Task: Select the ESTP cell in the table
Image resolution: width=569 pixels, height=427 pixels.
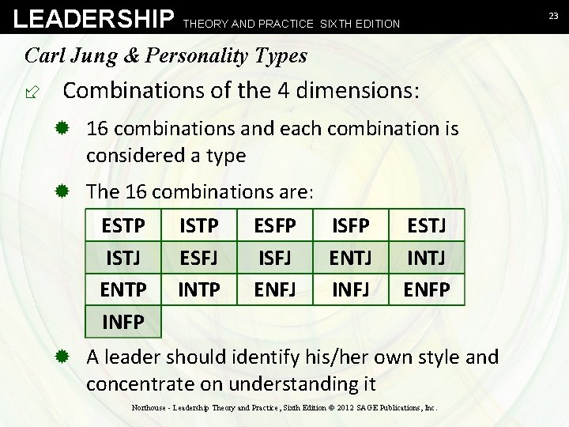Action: click(x=123, y=227)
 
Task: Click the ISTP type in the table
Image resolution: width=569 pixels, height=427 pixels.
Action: click(x=199, y=227)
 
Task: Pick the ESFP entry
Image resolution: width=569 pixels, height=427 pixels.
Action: click(x=275, y=227)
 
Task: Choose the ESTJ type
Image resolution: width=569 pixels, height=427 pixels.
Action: click(x=428, y=227)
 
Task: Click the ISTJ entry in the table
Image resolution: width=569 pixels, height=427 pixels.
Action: click(x=123, y=258)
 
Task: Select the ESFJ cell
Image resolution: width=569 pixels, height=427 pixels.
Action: click(x=199, y=258)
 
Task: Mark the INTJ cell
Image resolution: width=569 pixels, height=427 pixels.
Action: click(x=428, y=258)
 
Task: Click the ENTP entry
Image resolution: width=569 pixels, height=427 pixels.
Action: click(x=123, y=289)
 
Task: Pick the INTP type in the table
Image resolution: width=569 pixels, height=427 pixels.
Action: click(x=199, y=289)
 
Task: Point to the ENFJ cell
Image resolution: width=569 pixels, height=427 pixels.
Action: click(x=275, y=289)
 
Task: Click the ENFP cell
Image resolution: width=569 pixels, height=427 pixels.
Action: click(x=428, y=289)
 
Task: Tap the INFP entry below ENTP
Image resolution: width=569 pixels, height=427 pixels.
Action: click(x=123, y=322)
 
